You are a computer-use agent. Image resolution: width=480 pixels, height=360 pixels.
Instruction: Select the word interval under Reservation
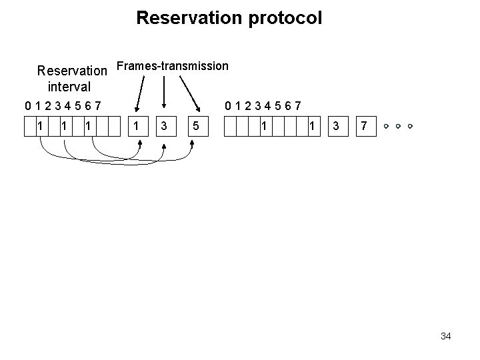click(x=69, y=86)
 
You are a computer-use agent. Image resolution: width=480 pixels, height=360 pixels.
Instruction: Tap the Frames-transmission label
click(x=172, y=66)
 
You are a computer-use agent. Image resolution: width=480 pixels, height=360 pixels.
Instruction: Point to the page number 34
click(x=445, y=336)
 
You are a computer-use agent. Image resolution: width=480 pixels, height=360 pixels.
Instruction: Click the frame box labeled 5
click(x=194, y=125)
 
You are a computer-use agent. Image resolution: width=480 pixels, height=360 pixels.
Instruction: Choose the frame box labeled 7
click(x=363, y=125)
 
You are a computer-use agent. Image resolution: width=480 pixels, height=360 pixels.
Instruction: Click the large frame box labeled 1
click(x=137, y=125)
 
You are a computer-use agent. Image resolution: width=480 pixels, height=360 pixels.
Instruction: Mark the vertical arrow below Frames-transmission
click(x=165, y=90)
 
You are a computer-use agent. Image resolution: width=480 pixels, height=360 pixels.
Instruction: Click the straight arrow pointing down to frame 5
click(x=190, y=90)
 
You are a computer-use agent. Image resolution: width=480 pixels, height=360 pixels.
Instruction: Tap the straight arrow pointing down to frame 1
click(x=140, y=90)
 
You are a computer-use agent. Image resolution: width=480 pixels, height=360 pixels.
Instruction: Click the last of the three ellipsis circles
click(x=411, y=125)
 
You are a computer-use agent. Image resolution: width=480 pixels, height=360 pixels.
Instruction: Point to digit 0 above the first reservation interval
click(x=27, y=105)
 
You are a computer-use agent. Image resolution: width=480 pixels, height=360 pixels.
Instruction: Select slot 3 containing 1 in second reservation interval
click(x=265, y=125)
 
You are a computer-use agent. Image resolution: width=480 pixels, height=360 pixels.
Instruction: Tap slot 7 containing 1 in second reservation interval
click(x=312, y=125)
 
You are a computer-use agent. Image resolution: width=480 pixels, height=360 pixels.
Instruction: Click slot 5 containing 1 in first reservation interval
click(x=87, y=125)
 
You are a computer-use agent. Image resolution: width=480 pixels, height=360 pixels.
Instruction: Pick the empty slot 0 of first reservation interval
click(x=28, y=125)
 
